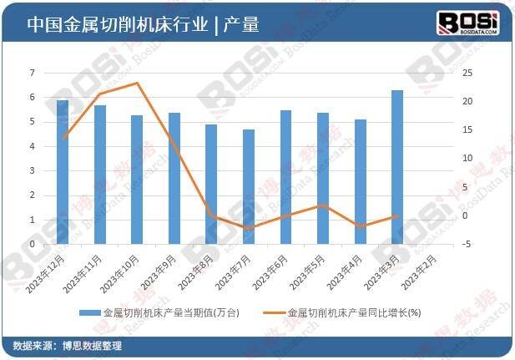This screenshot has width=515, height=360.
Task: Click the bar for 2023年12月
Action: (63, 172)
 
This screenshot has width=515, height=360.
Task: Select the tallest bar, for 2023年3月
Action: (397, 167)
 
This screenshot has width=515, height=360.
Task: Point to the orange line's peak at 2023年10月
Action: (137, 83)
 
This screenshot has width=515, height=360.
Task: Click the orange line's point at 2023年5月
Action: (323, 205)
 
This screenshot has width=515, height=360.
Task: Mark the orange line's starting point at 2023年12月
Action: (63, 138)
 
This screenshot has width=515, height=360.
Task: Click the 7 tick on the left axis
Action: (33, 74)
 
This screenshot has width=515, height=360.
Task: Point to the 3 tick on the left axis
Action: (33, 171)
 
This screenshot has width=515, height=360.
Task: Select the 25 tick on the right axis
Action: (467, 74)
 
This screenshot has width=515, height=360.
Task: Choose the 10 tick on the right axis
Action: (467, 159)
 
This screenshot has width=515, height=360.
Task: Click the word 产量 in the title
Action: (241, 24)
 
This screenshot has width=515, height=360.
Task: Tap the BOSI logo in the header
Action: (468, 23)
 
